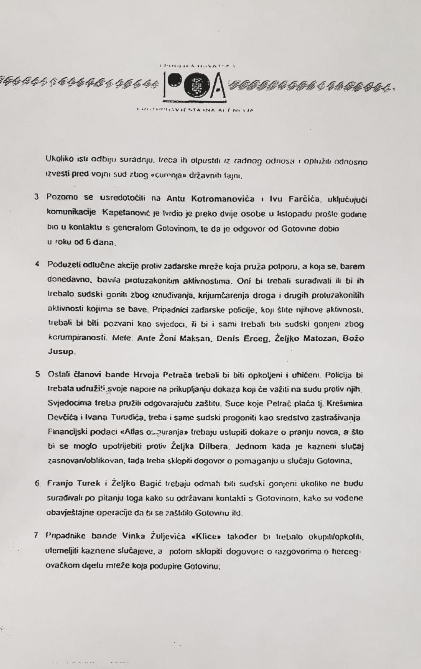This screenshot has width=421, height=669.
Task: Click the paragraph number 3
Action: coord(37,197)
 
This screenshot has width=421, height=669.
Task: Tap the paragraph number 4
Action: coord(37,265)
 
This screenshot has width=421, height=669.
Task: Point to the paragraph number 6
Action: coord(37,483)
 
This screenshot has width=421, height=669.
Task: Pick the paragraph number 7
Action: coord(37,535)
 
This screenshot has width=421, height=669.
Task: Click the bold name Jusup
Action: coord(61,352)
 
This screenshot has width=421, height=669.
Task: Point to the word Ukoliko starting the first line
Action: coord(59,159)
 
